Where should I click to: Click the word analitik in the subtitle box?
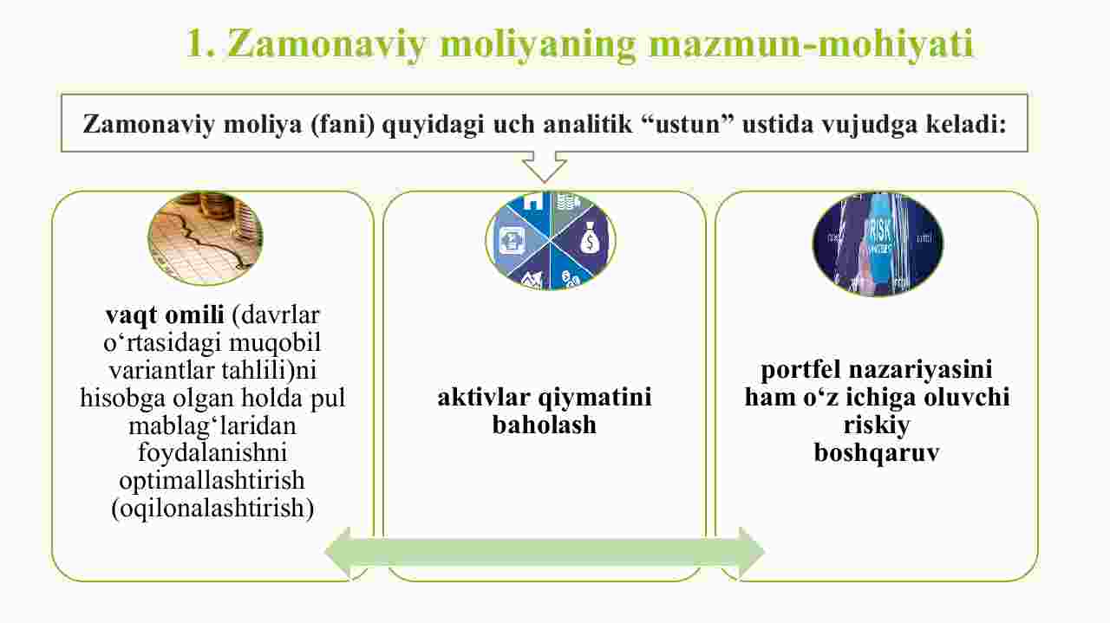[588, 123]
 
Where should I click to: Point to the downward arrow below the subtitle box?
[545, 167]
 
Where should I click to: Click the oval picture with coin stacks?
[206, 238]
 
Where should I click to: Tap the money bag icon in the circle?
[590, 239]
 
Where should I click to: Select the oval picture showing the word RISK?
[878, 244]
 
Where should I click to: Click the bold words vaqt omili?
[165, 315]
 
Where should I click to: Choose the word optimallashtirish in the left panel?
[212, 481]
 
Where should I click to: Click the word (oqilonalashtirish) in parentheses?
[212, 509]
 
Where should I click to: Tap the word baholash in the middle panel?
[544, 425]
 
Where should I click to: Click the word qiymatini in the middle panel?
[595, 398]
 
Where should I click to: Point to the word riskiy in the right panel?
[877, 425]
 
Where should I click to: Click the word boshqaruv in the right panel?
[877, 452]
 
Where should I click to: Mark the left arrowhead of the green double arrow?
[338, 552]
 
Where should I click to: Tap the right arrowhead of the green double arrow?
[752, 552]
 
